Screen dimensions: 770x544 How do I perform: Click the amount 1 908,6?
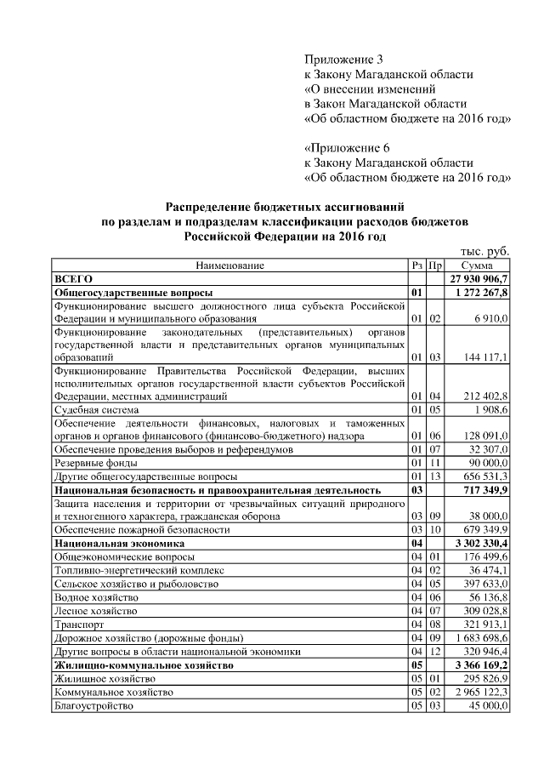click(490, 410)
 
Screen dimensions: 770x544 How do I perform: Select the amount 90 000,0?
click(488, 463)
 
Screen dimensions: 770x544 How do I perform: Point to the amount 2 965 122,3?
click(482, 693)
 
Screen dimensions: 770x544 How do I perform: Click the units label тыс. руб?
click(484, 253)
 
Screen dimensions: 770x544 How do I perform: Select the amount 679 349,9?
click(486, 529)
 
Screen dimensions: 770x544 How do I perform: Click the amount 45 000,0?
click(488, 706)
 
